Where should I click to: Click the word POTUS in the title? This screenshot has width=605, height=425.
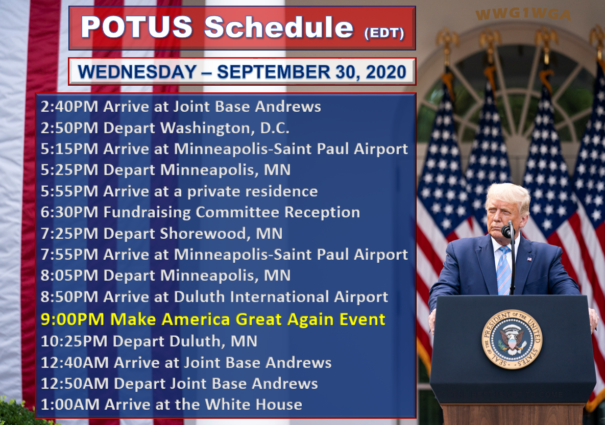(137, 27)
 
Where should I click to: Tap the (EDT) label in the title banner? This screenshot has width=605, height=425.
(384, 33)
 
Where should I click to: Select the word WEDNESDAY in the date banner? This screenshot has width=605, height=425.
(137, 72)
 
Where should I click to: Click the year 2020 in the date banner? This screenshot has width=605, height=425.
(386, 72)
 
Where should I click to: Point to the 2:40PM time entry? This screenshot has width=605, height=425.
(69, 107)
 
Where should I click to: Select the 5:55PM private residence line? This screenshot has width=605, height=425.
(179, 191)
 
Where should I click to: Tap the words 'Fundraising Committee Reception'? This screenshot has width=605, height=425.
(231, 212)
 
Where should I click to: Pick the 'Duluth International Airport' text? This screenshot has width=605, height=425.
(281, 296)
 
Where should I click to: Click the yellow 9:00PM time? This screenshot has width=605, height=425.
(72, 319)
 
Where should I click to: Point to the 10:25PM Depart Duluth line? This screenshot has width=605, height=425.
(149, 341)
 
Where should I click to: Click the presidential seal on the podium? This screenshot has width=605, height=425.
(512, 339)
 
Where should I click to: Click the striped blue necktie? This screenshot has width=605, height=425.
(503, 270)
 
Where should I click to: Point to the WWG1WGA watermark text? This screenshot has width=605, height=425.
(523, 15)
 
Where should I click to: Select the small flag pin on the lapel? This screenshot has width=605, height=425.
(529, 259)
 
